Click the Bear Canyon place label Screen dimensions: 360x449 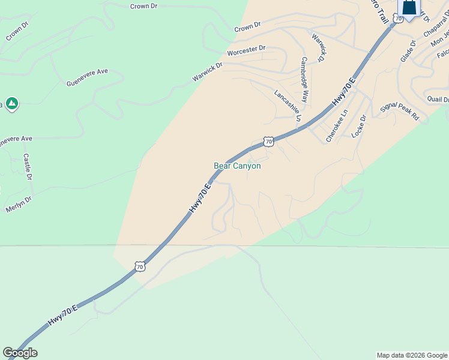237,166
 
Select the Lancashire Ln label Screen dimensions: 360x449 287,106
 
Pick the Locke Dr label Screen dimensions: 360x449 358,127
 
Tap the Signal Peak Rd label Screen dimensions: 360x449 400,111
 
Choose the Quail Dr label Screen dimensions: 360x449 438,99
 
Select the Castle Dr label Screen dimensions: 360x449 27,166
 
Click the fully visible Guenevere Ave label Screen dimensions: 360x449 87,76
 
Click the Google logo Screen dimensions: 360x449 20,353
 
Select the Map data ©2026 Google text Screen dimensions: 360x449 412,355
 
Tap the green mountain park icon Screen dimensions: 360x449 11,104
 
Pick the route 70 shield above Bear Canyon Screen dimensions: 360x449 268,142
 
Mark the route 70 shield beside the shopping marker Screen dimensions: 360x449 398,19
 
